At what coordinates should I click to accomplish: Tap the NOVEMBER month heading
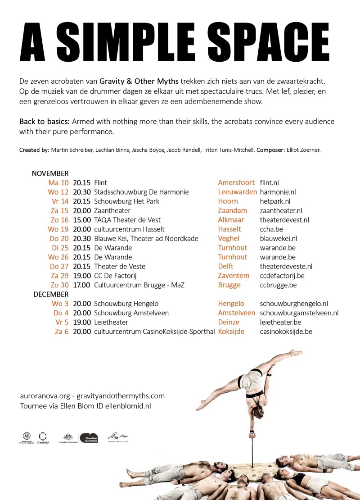(50, 173)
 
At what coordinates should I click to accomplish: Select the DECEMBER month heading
(51, 294)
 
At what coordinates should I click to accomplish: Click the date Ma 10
(58, 183)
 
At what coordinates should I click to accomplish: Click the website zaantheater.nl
(281, 210)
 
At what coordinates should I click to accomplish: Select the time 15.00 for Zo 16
(82, 220)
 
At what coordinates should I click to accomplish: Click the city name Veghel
(229, 238)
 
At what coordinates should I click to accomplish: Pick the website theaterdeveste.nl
(286, 266)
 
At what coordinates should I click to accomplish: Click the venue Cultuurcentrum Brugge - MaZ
(139, 285)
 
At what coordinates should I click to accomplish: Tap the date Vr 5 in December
(61, 322)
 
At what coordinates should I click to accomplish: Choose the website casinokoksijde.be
(286, 332)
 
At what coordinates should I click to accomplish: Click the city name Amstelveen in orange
(236, 313)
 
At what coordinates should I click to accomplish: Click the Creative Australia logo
(89, 437)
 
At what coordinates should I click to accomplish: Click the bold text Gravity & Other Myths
(139, 82)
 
